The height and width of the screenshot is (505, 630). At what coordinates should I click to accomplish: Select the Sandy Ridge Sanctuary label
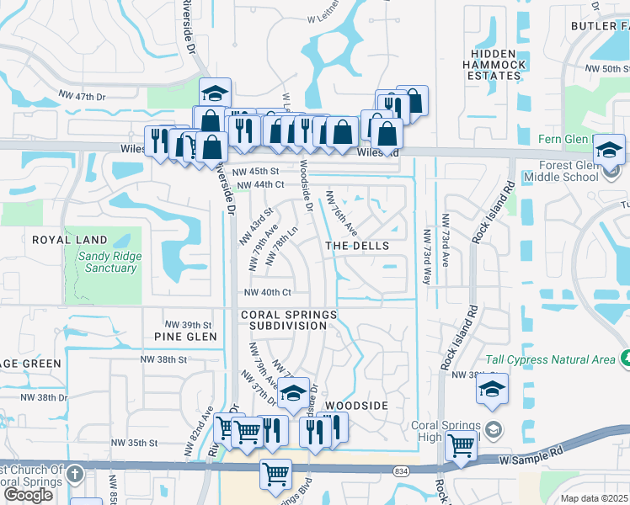pyautogui.click(x=111, y=263)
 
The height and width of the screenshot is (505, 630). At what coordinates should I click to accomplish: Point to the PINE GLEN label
pyautogui.click(x=185, y=337)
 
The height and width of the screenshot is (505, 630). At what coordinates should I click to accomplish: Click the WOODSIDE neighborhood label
pyautogui.click(x=356, y=406)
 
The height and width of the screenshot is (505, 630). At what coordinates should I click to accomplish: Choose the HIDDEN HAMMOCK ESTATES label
pyautogui.click(x=496, y=64)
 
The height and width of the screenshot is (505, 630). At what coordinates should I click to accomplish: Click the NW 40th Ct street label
pyautogui.click(x=267, y=293)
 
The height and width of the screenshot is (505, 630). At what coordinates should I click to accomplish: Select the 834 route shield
pyautogui.click(x=402, y=473)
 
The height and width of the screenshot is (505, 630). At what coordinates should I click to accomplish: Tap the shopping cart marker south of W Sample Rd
pyautogui.click(x=276, y=475)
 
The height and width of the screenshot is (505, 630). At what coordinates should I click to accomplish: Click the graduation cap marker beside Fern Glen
pyautogui.click(x=609, y=150)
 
